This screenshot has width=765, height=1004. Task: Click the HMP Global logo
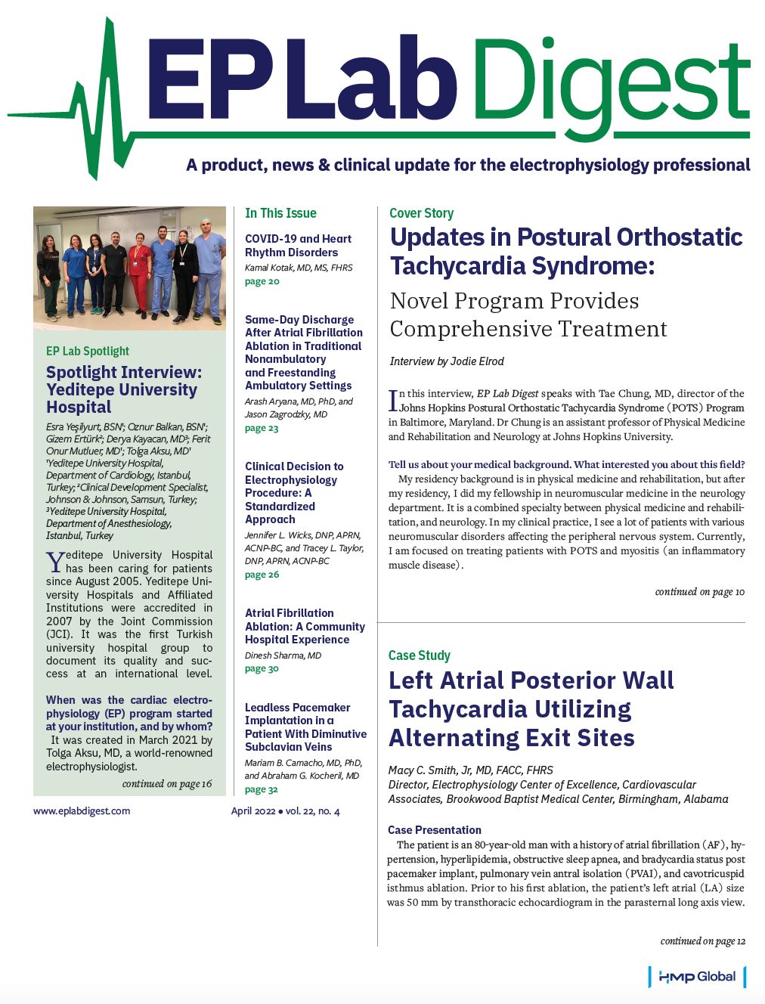(697, 976)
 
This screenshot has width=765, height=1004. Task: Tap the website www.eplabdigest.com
(82, 811)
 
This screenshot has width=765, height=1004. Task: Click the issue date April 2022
(253, 811)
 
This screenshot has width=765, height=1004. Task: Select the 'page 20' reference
(262, 281)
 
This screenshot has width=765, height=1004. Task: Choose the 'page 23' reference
(262, 428)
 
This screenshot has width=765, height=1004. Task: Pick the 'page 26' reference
(262, 575)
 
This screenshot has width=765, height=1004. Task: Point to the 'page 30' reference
(262, 668)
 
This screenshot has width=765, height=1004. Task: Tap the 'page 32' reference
(262, 789)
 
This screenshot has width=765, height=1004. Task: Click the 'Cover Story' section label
(421, 213)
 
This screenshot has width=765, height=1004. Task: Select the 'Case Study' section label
(419, 655)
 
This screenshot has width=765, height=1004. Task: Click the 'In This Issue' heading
(280, 213)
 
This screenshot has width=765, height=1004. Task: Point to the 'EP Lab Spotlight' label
(88, 351)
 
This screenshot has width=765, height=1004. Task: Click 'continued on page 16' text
(167, 784)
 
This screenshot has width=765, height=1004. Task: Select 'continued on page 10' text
(699, 592)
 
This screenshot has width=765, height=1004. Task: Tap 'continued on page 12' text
(702, 941)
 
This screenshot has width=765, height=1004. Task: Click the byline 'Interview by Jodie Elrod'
(447, 361)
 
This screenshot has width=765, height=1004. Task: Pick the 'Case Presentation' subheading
(435, 830)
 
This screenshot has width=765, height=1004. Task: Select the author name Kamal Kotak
(271, 268)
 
